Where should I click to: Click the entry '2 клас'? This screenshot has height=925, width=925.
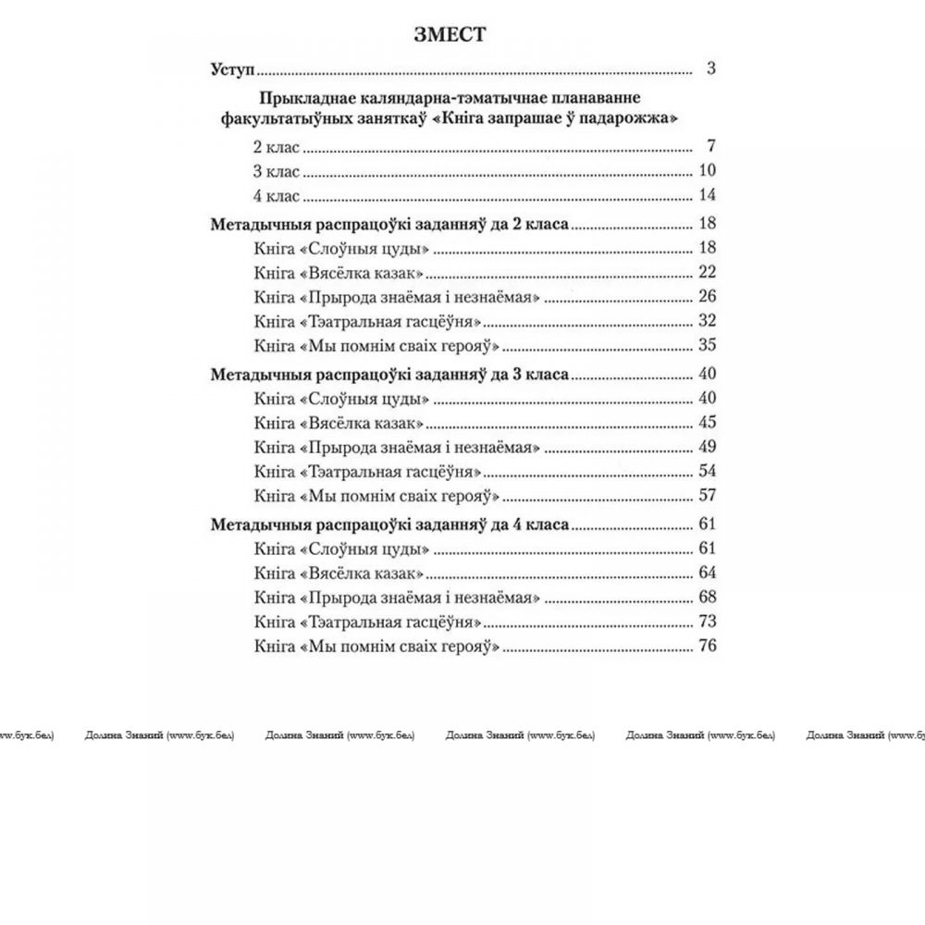[x=277, y=147]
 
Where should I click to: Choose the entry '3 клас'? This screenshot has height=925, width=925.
[x=277, y=171]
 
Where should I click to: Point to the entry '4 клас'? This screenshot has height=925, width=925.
[x=277, y=195]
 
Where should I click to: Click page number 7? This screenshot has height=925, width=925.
[x=710, y=146]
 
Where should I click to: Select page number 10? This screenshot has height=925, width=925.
[x=708, y=170]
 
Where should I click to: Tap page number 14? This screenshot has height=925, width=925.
[x=708, y=194]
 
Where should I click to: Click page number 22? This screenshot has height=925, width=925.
[x=708, y=272]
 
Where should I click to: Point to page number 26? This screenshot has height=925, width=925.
[x=708, y=297]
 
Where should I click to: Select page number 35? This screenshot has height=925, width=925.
[x=708, y=346]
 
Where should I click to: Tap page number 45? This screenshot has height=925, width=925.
[x=708, y=423]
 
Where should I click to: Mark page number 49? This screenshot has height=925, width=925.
[x=708, y=447]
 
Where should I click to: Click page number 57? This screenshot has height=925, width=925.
[x=708, y=495]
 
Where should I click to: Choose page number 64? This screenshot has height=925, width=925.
[x=708, y=573]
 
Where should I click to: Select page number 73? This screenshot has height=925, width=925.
[x=708, y=621]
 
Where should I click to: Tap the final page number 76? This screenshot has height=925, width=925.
[x=708, y=646]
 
